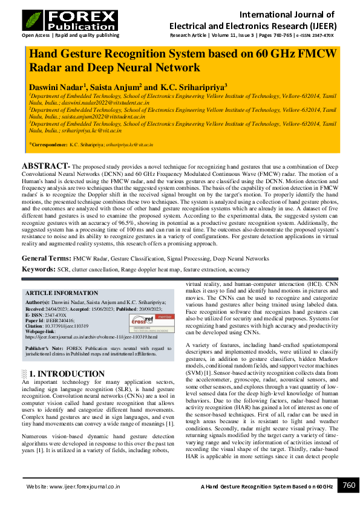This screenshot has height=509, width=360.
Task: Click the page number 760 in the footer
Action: (349, 485)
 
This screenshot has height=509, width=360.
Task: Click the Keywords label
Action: (39, 269)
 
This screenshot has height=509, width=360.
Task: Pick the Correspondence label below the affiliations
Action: (50, 145)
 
